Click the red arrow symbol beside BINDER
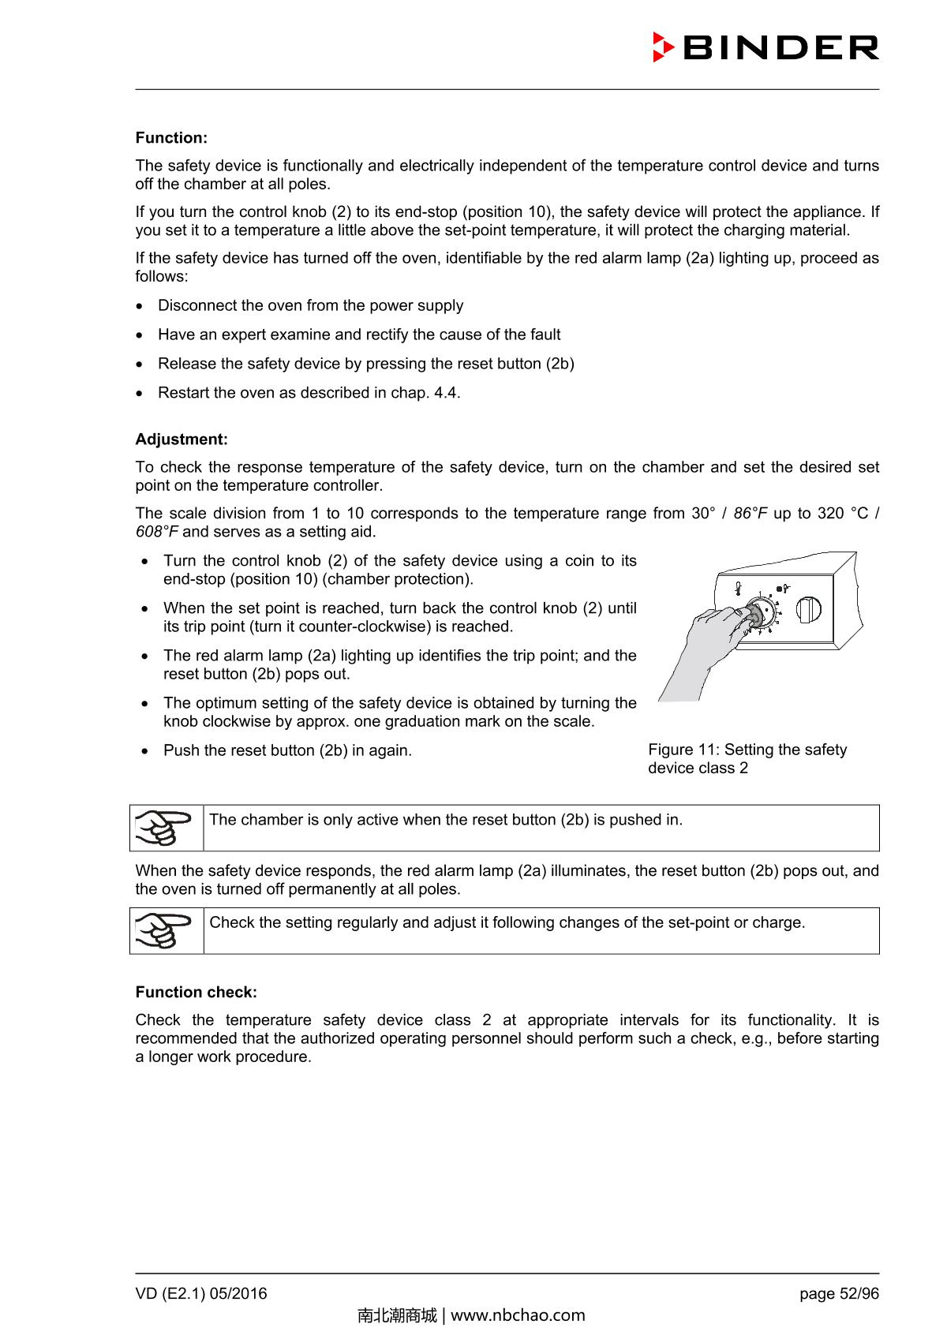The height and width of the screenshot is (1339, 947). click(x=662, y=47)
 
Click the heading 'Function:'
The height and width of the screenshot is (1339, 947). click(x=171, y=138)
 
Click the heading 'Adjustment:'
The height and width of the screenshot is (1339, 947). click(x=182, y=439)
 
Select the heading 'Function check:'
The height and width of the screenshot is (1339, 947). click(x=196, y=993)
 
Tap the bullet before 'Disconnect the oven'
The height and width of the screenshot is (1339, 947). click(x=140, y=306)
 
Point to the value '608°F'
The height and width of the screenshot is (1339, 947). click(x=157, y=532)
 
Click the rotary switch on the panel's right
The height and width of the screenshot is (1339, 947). click(x=809, y=609)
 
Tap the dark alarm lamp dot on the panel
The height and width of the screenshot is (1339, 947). click(x=779, y=588)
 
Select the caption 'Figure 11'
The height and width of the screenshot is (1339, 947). click(x=683, y=750)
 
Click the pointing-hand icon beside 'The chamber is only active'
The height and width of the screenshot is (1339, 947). click(x=167, y=828)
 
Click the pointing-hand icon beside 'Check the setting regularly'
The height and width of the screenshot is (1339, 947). click(x=167, y=931)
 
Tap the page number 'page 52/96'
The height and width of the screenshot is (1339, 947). click(x=839, y=1294)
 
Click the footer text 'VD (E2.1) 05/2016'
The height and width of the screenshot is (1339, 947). click(x=201, y=1294)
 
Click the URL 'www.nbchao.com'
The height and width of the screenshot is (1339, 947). click(x=518, y=1315)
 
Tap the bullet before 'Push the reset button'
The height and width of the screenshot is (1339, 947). click(x=145, y=751)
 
